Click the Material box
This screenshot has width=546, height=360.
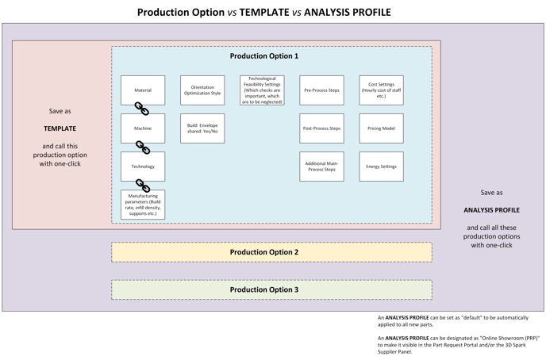click(x=143, y=90)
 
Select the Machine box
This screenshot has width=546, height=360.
click(x=143, y=128)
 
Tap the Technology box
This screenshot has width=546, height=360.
click(x=143, y=167)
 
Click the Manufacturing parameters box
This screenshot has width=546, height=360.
click(x=143, y=205)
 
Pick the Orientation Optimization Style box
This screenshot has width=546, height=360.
click(x=202, y=90)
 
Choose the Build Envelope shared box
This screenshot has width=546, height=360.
click(x=202, y=128)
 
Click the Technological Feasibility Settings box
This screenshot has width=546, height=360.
click(x=262, y=90)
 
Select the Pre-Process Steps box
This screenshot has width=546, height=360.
click(x=321, y=90)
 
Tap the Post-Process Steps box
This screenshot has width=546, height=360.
click(x=321, y=128)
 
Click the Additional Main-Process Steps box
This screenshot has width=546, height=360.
click(x=321, y=167)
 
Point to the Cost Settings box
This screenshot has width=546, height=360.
click(x=381, y=90)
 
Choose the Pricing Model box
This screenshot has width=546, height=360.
click(x=381, y=128)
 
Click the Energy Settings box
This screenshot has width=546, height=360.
click(x=381, y=167)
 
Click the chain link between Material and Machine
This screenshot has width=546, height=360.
click(x=142, y=109)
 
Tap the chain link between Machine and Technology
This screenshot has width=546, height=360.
click(x=143, y=147)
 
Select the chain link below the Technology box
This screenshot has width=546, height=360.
click(x=143, y=186)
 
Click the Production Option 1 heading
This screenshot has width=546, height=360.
click(x=264, y=56)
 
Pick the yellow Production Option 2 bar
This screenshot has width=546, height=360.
click(x=271, y=252)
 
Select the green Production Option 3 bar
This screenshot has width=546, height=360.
click(x=271, y=289)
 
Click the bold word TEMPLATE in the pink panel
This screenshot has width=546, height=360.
click(x=60, y=128)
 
